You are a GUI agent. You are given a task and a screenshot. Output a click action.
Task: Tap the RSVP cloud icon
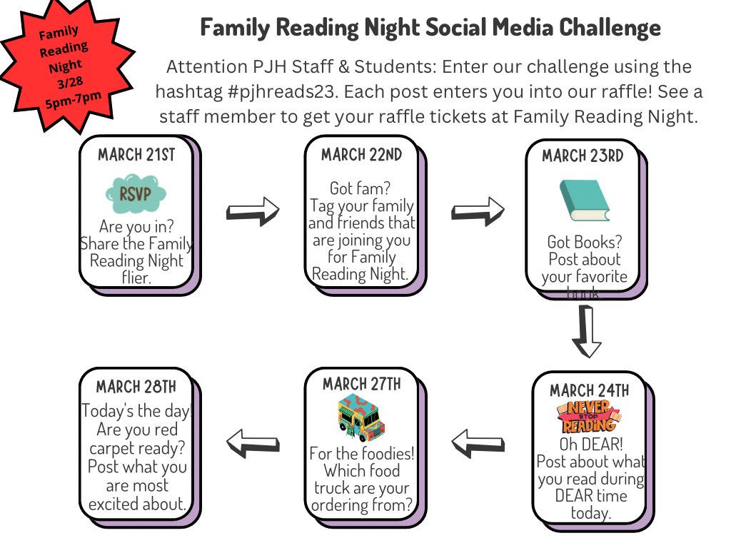(x=136, y=193)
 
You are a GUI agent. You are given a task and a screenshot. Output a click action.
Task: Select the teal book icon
(x=584, y=201)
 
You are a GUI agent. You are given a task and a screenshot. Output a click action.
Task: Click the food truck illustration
(x=361, y=417)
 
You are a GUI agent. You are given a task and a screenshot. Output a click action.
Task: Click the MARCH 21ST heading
(x=136, y=155)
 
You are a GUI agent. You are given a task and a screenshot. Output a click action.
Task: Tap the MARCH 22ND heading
(x=361, y=155)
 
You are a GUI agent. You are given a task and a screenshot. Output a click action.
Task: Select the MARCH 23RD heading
(x=583, y=156)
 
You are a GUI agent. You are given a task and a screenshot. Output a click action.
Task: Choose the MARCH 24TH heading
(x=590, y=391)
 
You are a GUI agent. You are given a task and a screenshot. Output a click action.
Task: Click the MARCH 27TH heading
(x=361, y=385)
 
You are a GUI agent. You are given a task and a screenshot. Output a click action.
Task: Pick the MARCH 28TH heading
(x=136, y=387)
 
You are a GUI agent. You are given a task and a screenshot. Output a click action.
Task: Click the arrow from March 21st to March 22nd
(x=253, y=210)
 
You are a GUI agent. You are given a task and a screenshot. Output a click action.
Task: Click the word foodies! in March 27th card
(x=385, y=454)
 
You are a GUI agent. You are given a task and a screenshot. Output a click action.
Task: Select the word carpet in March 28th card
(x=109, y=449)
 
